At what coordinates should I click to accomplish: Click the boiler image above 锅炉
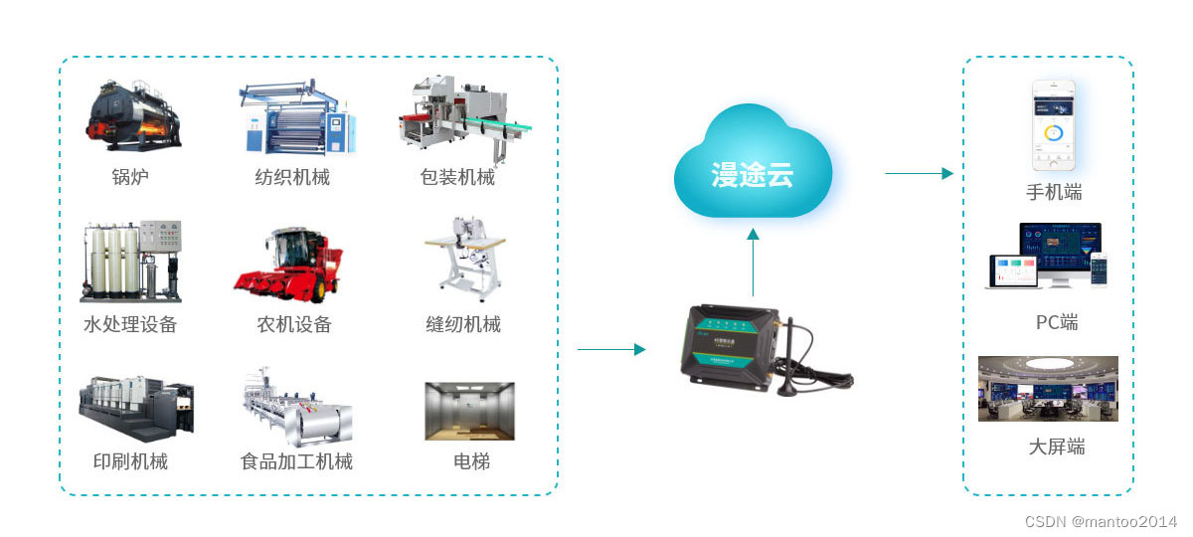132,116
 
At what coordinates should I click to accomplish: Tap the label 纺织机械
291,178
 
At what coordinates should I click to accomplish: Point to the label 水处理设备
130,324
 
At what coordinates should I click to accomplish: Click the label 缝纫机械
463,324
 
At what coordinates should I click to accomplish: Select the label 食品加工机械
296,461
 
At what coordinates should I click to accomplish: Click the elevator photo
469,411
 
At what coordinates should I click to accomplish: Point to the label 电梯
471,461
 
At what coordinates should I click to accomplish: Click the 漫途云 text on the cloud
753,176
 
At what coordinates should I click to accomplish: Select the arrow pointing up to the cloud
753,263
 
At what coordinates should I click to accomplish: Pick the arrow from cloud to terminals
919,173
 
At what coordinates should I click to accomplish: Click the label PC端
1056,322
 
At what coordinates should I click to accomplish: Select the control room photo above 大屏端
1048,389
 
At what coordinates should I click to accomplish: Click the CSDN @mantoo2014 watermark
1100,521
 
